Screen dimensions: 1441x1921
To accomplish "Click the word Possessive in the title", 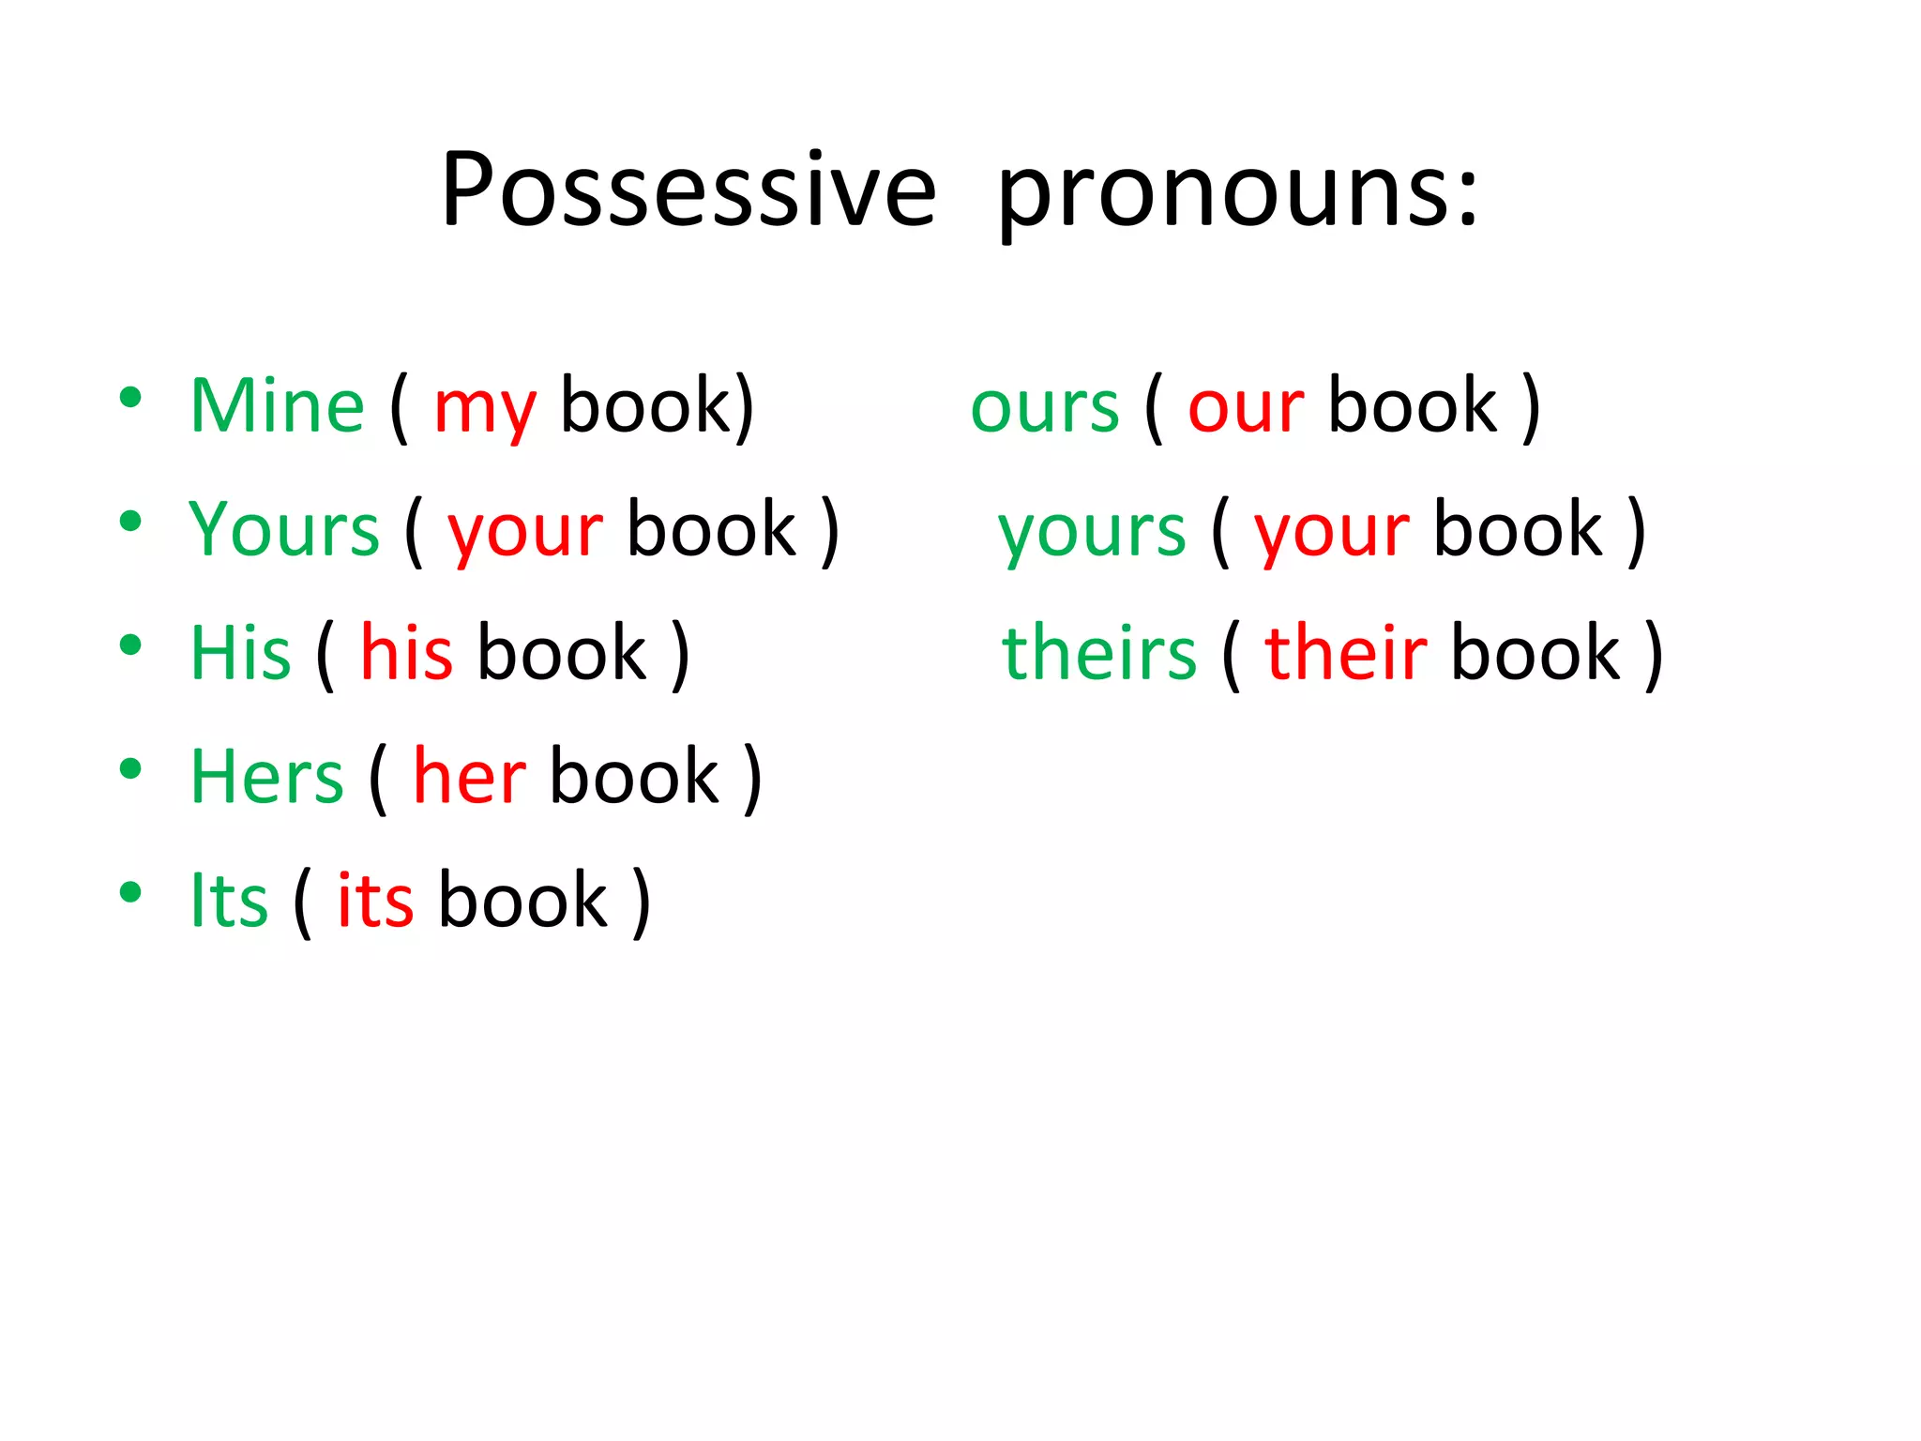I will click(x=688, y=190).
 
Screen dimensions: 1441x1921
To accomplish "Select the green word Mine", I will click(x=277, y=406).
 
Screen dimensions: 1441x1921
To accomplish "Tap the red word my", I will click(x=485, y=411).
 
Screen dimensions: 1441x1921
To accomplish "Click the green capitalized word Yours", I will click(x=283, y=530).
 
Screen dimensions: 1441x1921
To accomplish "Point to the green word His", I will click(x=240, y=653).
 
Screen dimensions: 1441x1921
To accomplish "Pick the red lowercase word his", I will click(x=407, y=653).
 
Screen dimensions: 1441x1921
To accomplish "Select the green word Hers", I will click(x=266, y=777).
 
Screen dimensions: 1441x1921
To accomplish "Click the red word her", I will click(x=469, y=777).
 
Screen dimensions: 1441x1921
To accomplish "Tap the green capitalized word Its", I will click(x=229, y=901).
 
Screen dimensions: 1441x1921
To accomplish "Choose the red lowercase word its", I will click(x=375, y=901).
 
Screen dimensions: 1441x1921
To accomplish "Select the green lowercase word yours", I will click(x=1092, y=533).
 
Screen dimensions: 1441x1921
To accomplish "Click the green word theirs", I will click(x=1099, y=653).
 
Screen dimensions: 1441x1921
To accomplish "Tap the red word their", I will click(x=1345, y=653).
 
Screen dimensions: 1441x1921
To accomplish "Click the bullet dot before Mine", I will click(x=130, y=398).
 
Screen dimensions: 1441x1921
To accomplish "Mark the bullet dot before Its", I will click(x=130, y=892).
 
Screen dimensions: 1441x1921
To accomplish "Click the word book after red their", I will click(x=1535, y=653).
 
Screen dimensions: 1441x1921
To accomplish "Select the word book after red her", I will click(x=634, y=777).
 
